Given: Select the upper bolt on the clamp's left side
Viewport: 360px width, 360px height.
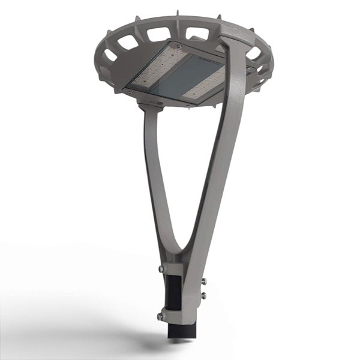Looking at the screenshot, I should [x=161, y=269].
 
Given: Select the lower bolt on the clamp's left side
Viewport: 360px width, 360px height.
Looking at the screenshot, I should [x=160, y=316].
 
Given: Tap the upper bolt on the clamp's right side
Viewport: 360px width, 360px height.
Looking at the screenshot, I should [x=204, y=281].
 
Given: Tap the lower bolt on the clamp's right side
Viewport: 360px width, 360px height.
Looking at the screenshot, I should [x=204, y=295].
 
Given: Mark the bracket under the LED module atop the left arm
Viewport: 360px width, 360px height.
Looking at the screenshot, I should [x=151, y=104].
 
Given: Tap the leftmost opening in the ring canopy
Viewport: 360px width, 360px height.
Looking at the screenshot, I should [x=110, y=55].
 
